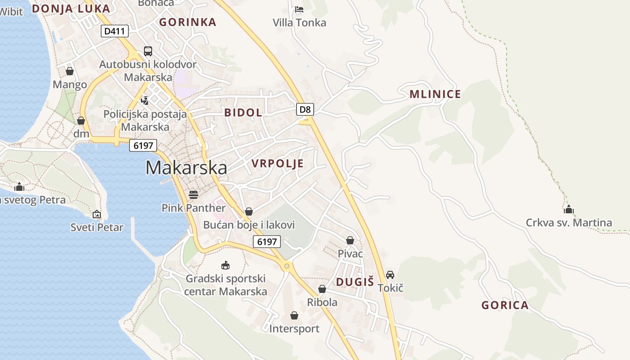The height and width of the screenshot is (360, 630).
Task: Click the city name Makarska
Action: point(186,168)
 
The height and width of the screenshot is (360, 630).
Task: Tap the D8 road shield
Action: point(305,109)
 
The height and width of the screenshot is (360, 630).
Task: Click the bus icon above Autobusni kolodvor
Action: point(148,51)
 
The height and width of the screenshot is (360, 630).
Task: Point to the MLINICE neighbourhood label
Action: point(435,94)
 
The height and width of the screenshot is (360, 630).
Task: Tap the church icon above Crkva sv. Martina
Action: point(569,209)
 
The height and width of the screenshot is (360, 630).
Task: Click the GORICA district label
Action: point(505,306)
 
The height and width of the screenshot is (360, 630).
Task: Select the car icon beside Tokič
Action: point(390,274)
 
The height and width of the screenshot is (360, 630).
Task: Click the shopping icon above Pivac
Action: point(350,241)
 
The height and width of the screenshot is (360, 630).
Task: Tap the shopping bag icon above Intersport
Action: point(294,316)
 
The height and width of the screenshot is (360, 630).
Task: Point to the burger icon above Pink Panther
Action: point(193,195)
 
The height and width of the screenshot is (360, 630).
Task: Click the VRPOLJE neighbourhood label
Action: point(278,163)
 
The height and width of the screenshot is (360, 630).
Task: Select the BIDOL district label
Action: point(243,112)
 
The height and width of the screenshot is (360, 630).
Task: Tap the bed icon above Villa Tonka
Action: point(299,9)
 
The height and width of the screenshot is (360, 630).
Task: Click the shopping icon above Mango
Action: point(70,71)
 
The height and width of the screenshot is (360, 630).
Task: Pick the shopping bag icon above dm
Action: point(81,121)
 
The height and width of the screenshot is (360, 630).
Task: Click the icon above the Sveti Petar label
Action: point(97,214)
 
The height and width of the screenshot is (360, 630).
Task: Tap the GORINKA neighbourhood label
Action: point(188,22)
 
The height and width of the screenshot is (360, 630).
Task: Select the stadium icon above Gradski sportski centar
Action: point(225,265)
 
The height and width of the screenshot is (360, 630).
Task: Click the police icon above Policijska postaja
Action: point(145,101)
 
